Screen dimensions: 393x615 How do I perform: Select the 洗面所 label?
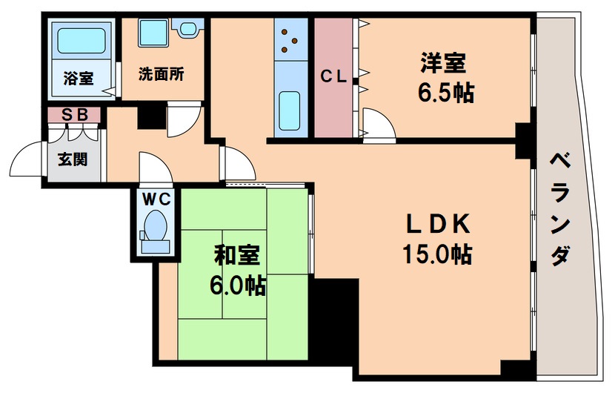[x=161, y=75]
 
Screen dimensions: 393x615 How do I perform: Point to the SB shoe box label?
[x=73, y=115]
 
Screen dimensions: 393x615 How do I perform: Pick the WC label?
[x=157, y=199]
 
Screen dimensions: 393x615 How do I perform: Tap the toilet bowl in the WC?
[x=156, y=225]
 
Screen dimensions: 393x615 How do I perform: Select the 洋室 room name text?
[x=445, y=64]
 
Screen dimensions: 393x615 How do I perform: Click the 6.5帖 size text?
[x=445, y=93]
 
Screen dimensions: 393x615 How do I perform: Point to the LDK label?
[x=436, y=223]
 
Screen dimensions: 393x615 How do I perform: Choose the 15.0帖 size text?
[x=436, y=254]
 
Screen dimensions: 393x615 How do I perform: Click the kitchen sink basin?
[x=290, y=109]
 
